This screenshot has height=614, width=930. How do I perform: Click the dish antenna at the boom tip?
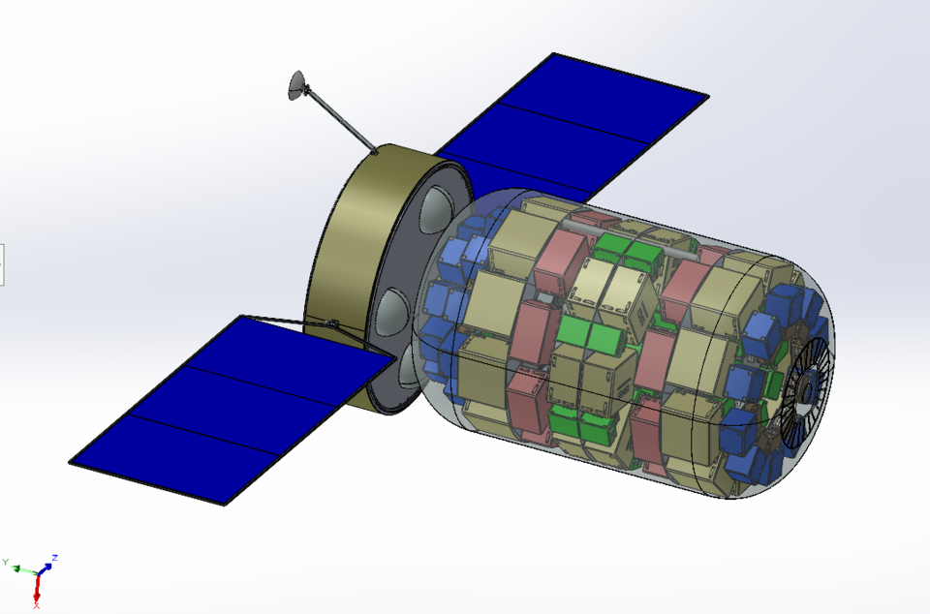pyautogui.click(x=297, y=85)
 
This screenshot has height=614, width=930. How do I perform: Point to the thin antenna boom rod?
pyautogui.click(x=342, y=121)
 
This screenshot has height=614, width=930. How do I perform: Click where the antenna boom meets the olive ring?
pyautogui.click(x=375, y=152)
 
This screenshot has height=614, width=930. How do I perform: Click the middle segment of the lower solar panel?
pyautogui.click(x=233, y=409)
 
